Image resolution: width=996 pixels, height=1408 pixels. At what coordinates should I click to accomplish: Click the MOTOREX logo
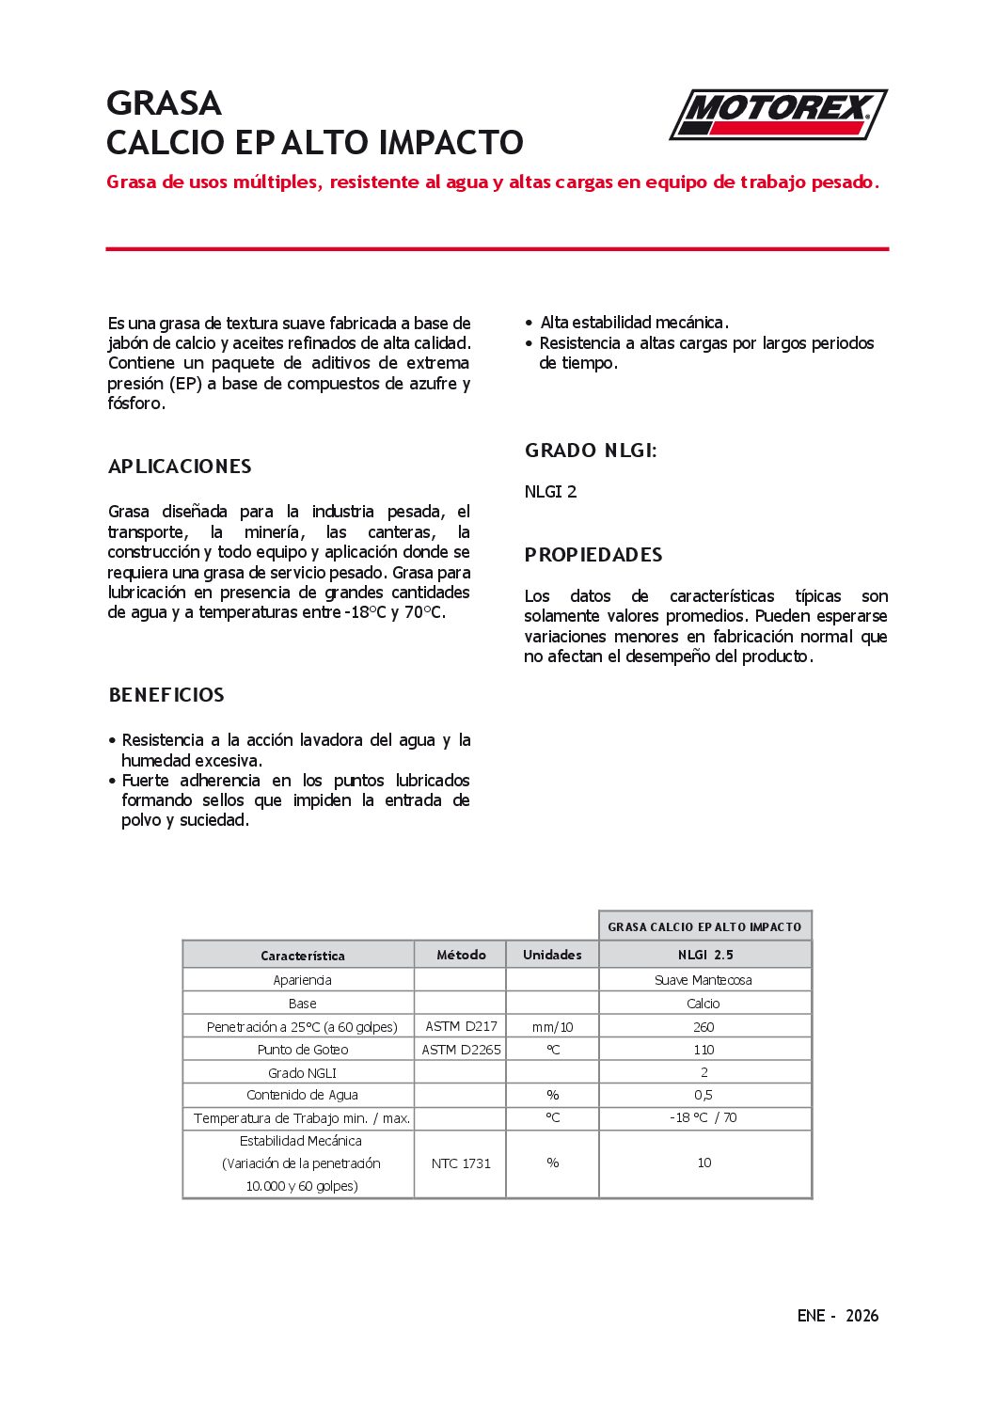coord(778,115)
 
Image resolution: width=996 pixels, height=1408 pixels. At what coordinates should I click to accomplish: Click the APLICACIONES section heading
coord(180,467)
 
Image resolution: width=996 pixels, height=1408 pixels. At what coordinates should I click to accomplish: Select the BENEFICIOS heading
coord(166,695)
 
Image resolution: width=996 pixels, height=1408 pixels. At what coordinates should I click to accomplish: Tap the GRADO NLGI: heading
coord(591,451)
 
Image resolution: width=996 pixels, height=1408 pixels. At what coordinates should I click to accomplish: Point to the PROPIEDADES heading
coord(593,555)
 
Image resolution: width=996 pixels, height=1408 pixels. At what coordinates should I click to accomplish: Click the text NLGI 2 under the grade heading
coord(551,492)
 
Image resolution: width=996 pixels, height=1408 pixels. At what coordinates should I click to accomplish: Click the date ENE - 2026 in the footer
coord(837,1316)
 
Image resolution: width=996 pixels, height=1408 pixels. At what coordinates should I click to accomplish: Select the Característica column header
coord(303,956)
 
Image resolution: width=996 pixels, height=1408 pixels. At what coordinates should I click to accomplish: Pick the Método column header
coord(461,955)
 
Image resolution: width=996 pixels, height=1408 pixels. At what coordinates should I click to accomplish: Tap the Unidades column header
coord(552,955)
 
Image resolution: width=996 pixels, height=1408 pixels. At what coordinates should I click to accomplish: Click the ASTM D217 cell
coord(461,1026)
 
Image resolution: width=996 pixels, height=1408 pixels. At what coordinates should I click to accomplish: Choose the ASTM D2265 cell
coord(461,1050)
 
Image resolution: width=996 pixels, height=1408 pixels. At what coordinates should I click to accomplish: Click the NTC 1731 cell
coord(461,1163)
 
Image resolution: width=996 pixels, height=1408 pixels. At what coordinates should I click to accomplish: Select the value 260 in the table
coord(704,1027)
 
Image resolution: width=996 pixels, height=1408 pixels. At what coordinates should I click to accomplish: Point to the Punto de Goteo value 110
coord(704,1050)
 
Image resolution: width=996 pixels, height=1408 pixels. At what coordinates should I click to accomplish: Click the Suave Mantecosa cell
coord(704,980)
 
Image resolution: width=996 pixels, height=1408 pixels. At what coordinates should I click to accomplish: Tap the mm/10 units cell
coord(552,1027)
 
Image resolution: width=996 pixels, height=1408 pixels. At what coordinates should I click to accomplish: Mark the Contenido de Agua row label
coord(302,1095)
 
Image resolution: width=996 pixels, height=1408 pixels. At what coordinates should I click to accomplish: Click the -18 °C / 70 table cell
coord(704,1117)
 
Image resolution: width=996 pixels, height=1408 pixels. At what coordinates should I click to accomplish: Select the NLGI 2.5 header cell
coord(705,955)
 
